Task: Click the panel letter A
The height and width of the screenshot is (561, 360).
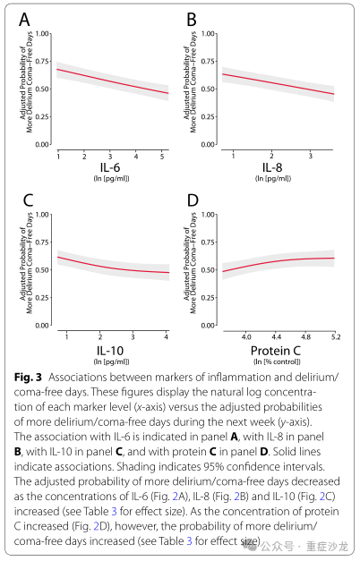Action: coord(24,20)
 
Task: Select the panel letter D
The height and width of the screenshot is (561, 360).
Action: coord(193,200)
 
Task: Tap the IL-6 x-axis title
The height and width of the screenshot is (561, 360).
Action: coord(110,167)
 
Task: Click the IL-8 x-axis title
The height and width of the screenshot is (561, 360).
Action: coord(272,167)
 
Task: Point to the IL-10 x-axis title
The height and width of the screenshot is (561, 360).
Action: coord(110,351)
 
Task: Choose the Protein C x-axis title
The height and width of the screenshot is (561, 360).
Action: coord(276,351)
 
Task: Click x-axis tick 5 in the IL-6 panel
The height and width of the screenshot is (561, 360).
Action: coord(162,157)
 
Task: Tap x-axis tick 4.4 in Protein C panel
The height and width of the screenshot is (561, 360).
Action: coord(277,337)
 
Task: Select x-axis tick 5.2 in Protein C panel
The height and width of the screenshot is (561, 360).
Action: coord(336,337)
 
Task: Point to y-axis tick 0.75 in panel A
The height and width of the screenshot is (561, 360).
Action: coord(42,62)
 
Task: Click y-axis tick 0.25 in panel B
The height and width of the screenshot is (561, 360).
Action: coord(208,116)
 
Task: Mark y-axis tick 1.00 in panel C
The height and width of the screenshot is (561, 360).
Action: coord(42,215)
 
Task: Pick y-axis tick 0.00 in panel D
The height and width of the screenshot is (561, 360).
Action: coord(208,326)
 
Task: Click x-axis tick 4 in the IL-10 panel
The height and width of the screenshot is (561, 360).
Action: coord(167,337)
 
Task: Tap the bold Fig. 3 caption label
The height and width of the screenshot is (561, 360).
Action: coord(28,378)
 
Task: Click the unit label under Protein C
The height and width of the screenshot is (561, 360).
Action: coord(277,361)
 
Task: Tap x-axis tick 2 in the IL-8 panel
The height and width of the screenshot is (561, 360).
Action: coord(271,157)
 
